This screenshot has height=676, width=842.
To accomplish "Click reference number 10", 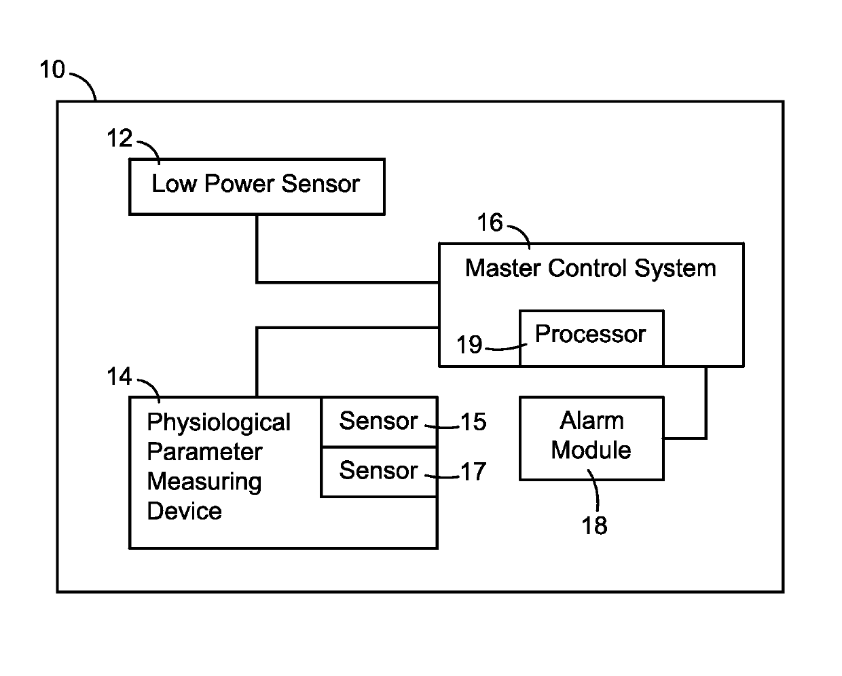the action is tap(52, 69).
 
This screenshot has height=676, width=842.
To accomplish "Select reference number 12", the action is tap(120, 138).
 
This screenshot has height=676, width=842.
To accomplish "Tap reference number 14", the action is tap(120, 376).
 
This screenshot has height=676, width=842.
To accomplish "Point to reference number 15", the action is tap(473, 421).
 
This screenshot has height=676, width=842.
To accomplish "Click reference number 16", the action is tap(490, 222).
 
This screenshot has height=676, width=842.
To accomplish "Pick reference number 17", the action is tap(473, 471).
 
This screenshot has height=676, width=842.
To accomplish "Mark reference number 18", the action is tap(594, 525).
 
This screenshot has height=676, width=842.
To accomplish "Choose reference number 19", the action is tap(469, 345).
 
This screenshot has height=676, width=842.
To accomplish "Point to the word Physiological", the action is tap(219, 423).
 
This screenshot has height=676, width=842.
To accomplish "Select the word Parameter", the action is tap(204, 452).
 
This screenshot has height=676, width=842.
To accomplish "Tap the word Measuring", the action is tap(204, 482).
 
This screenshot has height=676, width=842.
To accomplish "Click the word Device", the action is tap(184, 511).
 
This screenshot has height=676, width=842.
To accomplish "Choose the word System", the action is tap(676, 269).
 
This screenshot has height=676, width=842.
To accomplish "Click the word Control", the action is tap(587, 268).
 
